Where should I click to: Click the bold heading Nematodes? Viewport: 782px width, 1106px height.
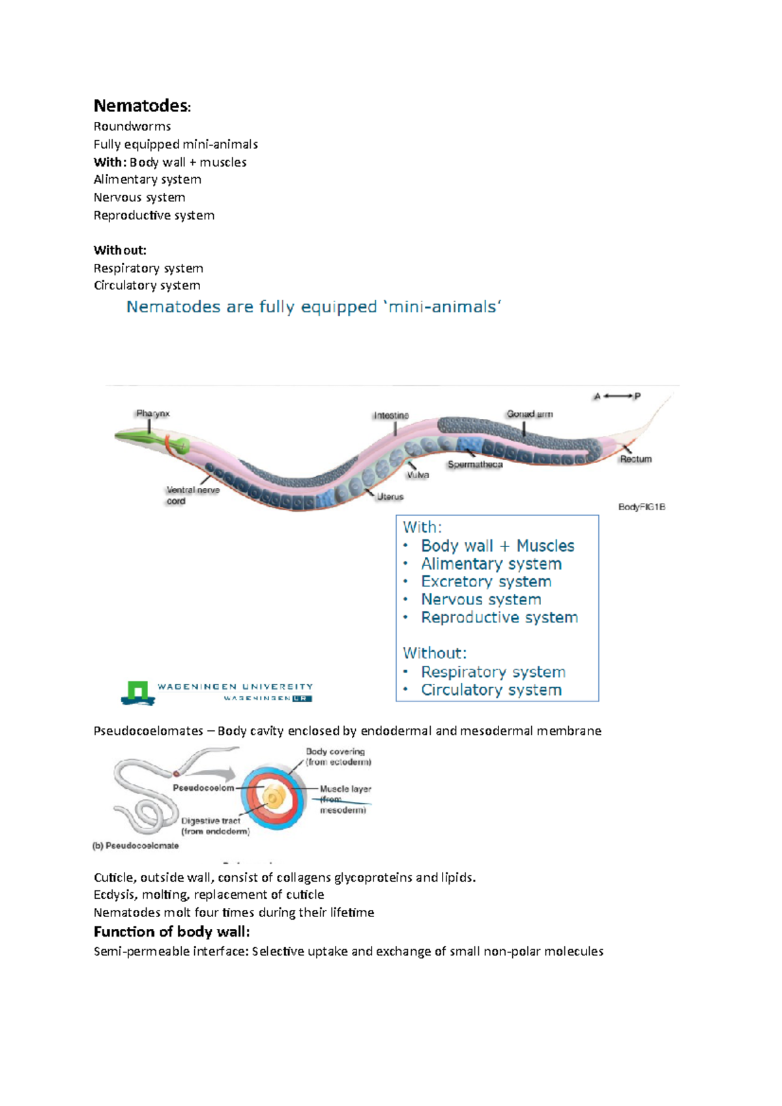click(141, 106)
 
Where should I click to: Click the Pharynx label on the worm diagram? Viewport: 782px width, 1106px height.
click(152, 414)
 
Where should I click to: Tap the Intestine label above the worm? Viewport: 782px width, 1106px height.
click(391, 416)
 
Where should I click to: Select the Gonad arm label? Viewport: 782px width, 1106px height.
click(529, 414)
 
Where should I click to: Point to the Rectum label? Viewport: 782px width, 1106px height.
click(635, 459)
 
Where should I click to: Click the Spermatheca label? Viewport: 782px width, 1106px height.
click(475, 465)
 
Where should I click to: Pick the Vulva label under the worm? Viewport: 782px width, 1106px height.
click(418, 475)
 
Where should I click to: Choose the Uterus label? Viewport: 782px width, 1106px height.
click(390, 497)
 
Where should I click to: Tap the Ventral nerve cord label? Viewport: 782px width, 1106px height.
click(192, 496)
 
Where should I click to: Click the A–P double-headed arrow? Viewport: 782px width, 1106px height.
click(617, 396)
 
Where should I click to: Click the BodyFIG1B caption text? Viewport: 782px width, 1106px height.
click(641, 507)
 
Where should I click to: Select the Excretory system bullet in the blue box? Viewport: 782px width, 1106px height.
click(485, 582)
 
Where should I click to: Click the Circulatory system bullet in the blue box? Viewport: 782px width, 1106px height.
click(491, 690)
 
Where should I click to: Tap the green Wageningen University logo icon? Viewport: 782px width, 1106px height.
click(138, 692)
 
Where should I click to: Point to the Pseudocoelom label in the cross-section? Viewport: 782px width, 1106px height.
click(203, 788)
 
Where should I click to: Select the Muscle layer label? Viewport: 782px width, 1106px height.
click(345, 789)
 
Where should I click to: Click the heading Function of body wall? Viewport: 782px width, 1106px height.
click(171, 931)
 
